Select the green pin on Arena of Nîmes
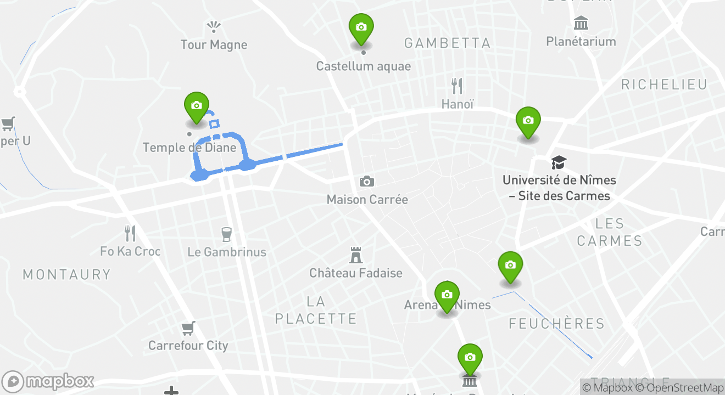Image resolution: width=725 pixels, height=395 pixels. point(447,296)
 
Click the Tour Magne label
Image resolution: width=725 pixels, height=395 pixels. point(214,45)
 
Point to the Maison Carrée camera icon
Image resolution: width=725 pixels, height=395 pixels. point(367,182)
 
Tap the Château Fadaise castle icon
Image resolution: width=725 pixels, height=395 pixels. point(356,255)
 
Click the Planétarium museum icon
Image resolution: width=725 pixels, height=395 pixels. point(581,24)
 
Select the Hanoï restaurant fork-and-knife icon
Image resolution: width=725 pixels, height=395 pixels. point(457,86)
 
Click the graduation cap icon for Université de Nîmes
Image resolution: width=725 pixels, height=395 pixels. point(559,162)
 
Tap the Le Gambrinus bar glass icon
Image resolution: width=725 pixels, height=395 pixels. point(226,234)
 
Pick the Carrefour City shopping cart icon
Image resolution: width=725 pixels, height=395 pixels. point(188,329)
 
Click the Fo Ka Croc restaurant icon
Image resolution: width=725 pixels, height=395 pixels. point(130,234)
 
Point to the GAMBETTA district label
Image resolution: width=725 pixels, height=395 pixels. point(447,43)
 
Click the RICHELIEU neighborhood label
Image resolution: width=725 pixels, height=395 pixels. point(664,84)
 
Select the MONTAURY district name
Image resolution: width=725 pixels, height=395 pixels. point(66,274)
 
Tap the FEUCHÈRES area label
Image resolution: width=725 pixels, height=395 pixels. point(556,324)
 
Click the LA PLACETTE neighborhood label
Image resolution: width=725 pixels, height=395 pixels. point(316,310)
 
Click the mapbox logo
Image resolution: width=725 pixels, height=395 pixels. point(48,381)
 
